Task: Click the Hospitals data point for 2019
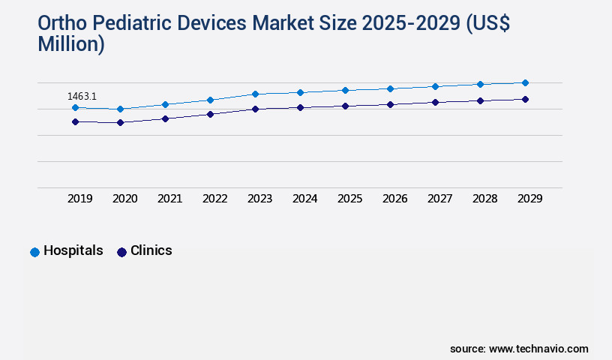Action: pyautogui.click(x=75, y=108)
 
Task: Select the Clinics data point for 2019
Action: pyautogui.click(x=75, y=121)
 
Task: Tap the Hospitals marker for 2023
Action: pyautogui.click(x=255, y=94)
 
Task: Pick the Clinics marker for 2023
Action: pyautogui.click(x=255, y=109)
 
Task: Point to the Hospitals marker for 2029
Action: pyautogui.click(x=525, y=82)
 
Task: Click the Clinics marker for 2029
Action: pyautogui.click(x=525, y=99)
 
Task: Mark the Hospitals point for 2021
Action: pyautogui.click(x=165, y=104)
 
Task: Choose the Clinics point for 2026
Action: pyautogui.click(x=390, y=104)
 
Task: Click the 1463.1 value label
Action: pyautogui.click(x=82, y=96)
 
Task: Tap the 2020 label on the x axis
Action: pyautogui.click(x=124, y=199)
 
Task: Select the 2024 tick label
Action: pyautogui.click(x=304, y=199)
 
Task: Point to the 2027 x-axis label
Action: pyautogui.click(x=439, y=199)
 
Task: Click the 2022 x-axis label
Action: pyautogui.click(x=214, y=199)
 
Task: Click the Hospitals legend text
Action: pyautogui.click(x=73, y=250)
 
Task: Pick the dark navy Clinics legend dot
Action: pyautogui.click(x=121, y=252)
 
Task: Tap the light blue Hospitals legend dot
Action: pyautogui.click(x=34, y=252)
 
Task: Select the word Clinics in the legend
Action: pyautogui.click(x=151, y=250)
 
